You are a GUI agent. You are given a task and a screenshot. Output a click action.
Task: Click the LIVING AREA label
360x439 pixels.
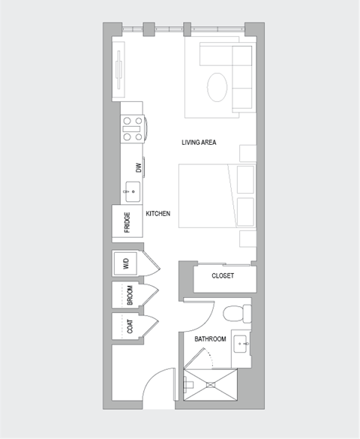click(x=199, y=142)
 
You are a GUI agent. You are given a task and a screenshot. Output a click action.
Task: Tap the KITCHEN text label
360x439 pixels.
click(x=157, y=214)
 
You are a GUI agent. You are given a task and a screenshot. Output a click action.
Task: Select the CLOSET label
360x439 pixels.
click(x=223, y=275)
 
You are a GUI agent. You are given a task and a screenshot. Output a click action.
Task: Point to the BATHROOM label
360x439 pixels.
click(x=210, y=339)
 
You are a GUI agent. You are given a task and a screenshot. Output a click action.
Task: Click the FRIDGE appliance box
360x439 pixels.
click(x=127, y=223)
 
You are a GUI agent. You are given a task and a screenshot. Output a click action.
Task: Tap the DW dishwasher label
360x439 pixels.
click(x=138, y=167)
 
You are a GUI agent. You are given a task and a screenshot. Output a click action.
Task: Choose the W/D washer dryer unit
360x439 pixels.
click(x=126, y=263)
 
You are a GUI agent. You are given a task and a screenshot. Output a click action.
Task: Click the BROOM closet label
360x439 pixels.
click(x=130, y=296)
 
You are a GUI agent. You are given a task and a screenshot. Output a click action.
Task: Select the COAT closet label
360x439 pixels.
click(x=130, y=326)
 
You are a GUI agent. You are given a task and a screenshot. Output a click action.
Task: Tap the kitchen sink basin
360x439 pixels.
click(x=132, y=192)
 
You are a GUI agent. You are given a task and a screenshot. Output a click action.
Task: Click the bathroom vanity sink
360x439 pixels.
click(x=241, y=345)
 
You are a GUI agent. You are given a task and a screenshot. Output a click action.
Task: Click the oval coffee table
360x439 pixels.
click(x=218, y=86)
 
